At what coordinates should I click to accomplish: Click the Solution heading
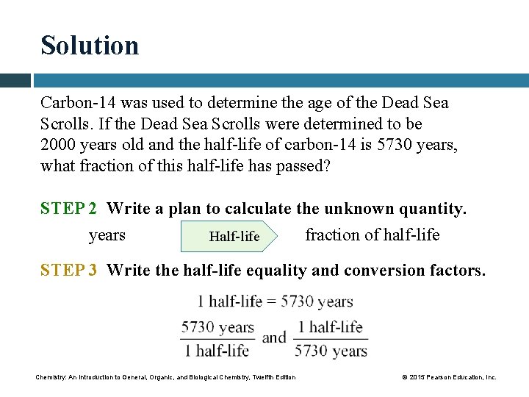(x=90, y=46)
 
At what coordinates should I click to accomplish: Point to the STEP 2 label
(x=69, y=209)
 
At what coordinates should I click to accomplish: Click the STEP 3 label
(x=69, y=271)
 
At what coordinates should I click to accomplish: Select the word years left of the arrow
(x=107, y=235)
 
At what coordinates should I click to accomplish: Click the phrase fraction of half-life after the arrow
(x=373, y=235)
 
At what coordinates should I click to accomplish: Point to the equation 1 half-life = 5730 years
(x=275, y=301)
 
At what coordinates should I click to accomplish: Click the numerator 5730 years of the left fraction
(x=217, y=328)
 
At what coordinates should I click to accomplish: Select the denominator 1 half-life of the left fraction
(x=217, y=350)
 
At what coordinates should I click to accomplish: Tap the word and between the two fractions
(x=274, y=338)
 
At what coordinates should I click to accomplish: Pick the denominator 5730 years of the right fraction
(x=331, y=350)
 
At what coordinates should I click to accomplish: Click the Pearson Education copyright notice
(x=450, y=377)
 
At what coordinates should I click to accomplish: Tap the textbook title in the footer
(x=166, y=377)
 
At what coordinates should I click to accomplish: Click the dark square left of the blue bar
(x=15, y=80)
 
